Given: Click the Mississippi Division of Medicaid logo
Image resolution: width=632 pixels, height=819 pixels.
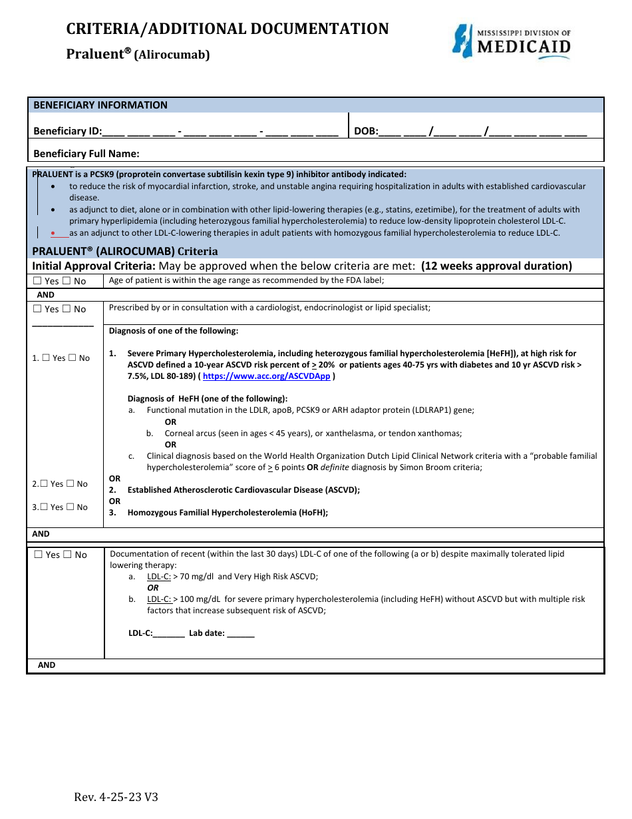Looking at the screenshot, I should point(511,41).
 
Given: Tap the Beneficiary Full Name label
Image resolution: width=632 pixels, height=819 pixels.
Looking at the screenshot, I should point(86,154).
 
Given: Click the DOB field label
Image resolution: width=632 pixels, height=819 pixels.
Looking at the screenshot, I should point(365,132).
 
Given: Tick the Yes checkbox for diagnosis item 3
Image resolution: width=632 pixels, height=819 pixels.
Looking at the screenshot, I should point(44,507).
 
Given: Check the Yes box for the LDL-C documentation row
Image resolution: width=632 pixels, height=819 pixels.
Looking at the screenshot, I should point(39,555).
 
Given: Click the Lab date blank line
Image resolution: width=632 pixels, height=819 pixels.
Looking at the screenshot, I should point(241,634).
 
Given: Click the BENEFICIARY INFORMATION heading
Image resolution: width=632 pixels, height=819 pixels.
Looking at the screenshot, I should point(100,105).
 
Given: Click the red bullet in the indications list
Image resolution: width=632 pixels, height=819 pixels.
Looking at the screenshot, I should point(53,233).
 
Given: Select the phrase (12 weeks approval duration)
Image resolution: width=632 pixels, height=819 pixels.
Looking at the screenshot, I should point(496,266).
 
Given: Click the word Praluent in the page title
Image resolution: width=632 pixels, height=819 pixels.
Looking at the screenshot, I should point(94,55).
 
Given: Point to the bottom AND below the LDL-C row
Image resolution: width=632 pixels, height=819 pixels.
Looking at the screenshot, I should point(47,665).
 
